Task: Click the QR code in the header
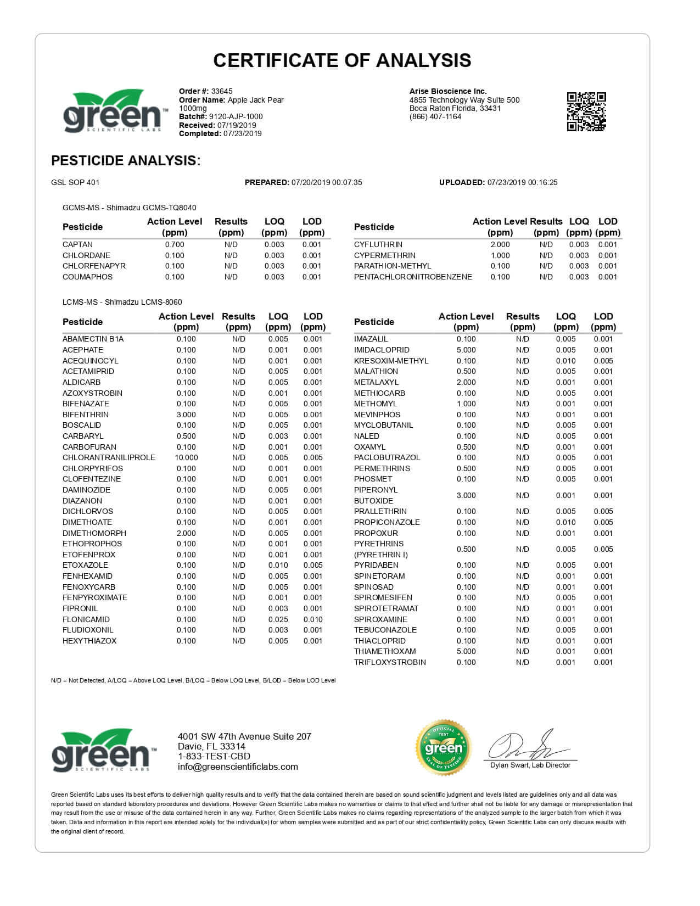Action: (x=586, y=111)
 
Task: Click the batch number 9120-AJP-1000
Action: (x=236, y=116)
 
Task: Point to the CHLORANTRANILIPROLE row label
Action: (x=109, y=457)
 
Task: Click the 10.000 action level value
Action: (x=186, y=457)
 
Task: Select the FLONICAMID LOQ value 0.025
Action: (x=278, y=619)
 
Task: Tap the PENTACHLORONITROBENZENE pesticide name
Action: (x=413, y=277)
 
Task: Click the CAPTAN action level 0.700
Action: (x=175, y=244)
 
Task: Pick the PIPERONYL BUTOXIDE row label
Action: (x=376, y=495)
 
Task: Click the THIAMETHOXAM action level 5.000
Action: (x=466, y=651)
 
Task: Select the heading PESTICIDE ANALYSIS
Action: (x=126, y=160)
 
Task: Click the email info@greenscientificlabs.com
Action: (x=238, y=767)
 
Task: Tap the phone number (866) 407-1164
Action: (x=435, y=116)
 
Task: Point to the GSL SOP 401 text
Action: (x=75, y=182)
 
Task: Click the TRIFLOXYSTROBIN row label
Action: (x=390, y=662)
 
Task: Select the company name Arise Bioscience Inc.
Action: (x=448, y=91)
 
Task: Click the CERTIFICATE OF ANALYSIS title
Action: (x=342, y=60)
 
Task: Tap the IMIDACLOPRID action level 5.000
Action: (x=466, y=350)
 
